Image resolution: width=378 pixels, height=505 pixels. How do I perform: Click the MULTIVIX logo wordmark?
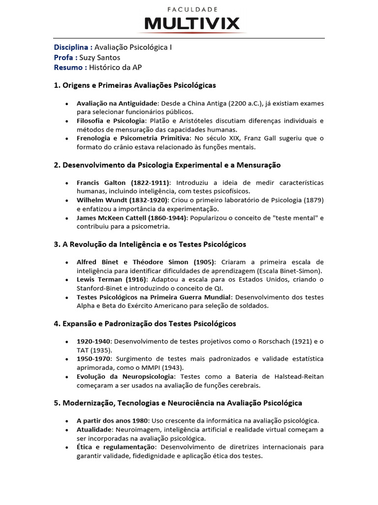pyautogui.click(x=192, y=23)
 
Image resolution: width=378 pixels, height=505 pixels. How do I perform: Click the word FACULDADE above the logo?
pyautogui.click(x=192, y=9)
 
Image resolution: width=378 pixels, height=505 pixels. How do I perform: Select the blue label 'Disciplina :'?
pyautogui.click(x=73, y=47)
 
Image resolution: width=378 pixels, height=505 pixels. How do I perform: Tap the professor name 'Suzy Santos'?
pyautogui.click(x=106, y=57)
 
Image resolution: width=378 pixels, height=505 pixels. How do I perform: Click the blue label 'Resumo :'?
pyautogui.click(x=70, y=67)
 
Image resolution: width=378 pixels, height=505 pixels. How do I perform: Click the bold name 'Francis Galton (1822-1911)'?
pyautogui.click(x=124, y=183)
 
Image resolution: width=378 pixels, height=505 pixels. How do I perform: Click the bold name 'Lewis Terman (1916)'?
pyautogui.click(x=110, y=280)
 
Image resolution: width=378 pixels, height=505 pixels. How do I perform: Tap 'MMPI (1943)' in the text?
pyautogui.click(x=165, y=368)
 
